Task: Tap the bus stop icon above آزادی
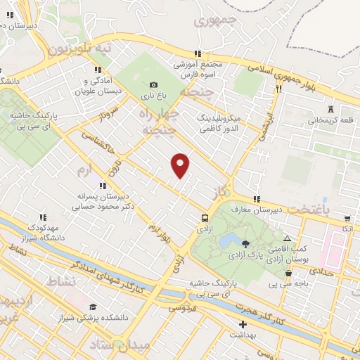(x=205, y=218)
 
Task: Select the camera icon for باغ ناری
(x=154, y=85)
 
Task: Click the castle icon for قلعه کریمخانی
(x=330, y=109)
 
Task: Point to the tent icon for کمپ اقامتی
(x=287, y=240)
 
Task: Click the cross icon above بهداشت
(x=243, y=325)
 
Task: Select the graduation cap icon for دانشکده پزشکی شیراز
(x=93, y=307)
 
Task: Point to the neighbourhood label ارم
(x=84, y=171)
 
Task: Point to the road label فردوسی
(x=179, y=307)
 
